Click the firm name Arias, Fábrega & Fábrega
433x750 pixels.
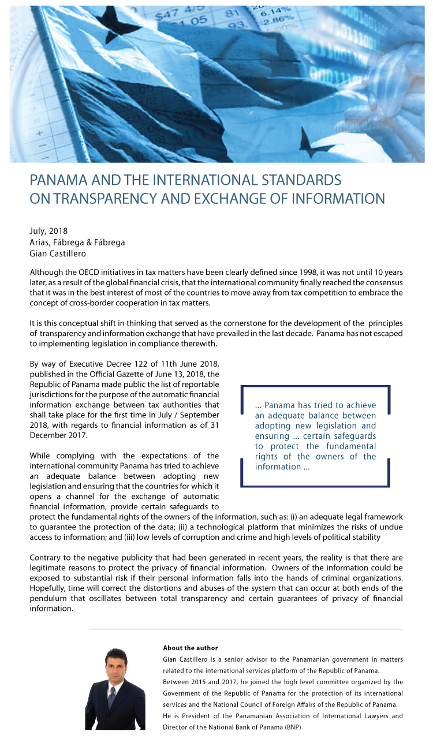(x=77, y=242)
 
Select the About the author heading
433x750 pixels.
(x=191, y=648)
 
